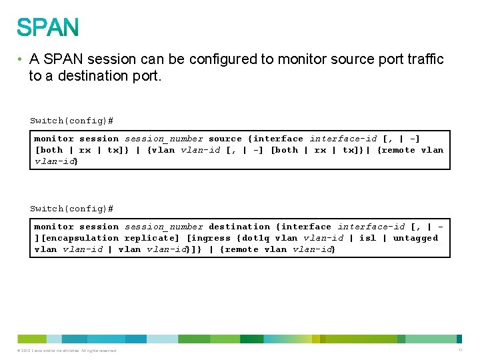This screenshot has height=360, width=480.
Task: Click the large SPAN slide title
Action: [48, 27]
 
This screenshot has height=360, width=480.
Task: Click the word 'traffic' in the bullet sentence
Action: [421, 59]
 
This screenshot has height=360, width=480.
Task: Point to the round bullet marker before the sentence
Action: [21, 59]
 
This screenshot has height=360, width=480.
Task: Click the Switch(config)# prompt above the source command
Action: [71, 121]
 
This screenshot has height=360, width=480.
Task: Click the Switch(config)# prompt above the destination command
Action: [71, 209]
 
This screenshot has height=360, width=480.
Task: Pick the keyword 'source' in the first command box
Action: [225, 139]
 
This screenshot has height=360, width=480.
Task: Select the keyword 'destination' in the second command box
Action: [239, 227]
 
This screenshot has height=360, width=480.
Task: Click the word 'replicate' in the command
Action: [149, 238]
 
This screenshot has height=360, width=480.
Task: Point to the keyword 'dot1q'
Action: [256, 238]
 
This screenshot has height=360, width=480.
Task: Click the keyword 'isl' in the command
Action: [367, 238]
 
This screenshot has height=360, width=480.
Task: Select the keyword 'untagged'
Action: [415, 238]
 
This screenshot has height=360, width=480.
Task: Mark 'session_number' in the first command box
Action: [163, 139]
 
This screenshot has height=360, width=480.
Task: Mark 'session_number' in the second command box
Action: [163, 227]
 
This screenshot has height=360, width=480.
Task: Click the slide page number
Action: [460, 350]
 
